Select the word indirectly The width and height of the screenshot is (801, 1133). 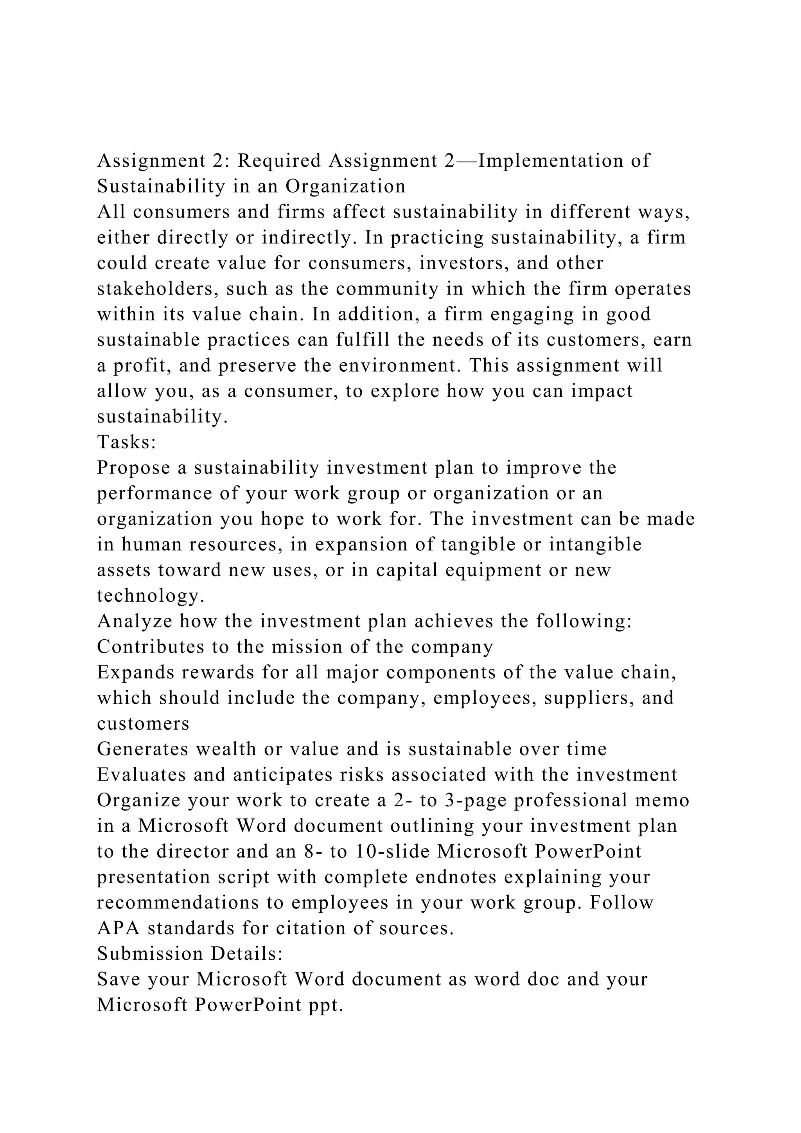[x=308, y=237]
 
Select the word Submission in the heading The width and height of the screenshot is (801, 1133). [x=150, y=954]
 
